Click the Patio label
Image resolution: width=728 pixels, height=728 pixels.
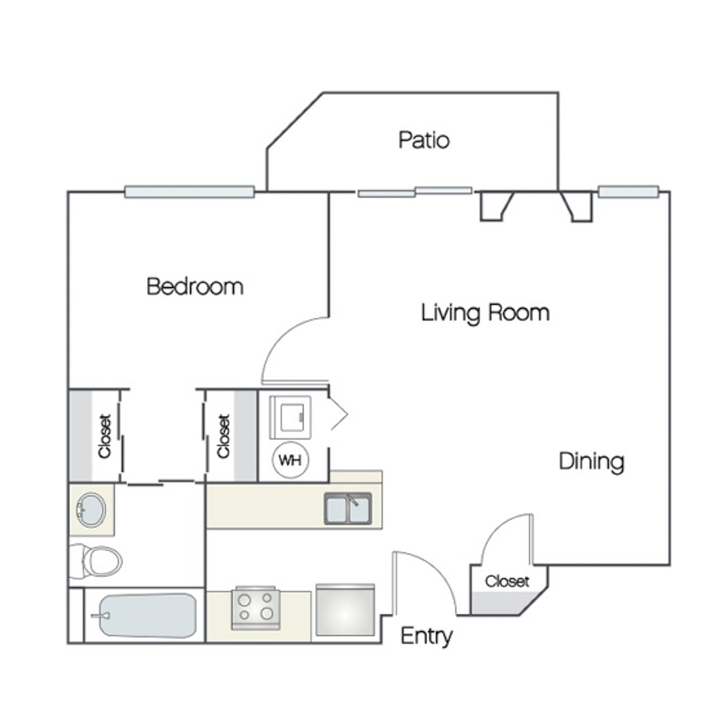424,140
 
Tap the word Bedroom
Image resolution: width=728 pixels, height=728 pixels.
195,286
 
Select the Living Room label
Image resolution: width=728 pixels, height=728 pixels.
485,313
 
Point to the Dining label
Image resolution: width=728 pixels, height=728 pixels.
591,462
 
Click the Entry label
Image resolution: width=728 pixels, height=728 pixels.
426,636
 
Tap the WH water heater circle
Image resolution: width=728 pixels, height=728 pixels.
290,460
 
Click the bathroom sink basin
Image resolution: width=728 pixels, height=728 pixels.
91,510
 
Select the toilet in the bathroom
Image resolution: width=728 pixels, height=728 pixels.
95,561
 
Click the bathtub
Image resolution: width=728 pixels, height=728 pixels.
148,616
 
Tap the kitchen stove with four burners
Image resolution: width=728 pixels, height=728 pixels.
256,607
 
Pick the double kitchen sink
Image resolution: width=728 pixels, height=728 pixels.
348,509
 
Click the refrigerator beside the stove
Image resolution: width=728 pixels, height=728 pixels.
345,610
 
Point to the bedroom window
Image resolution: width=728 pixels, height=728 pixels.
189,192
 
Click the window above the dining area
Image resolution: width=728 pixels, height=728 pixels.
629,192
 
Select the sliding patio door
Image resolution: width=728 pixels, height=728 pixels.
415,192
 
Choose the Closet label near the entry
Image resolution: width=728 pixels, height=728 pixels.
507,582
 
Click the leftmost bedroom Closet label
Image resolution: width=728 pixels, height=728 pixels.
105,437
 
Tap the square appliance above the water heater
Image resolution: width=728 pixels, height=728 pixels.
290,417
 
